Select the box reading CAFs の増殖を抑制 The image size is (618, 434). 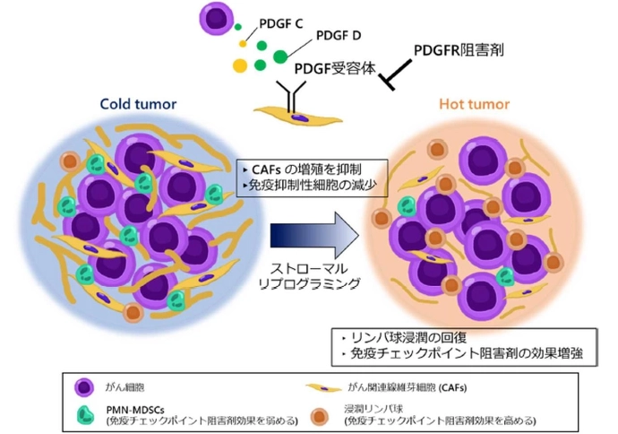(313, 169)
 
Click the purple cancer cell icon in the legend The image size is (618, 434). (85, 386)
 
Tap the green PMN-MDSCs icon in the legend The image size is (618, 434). (85, 412)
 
